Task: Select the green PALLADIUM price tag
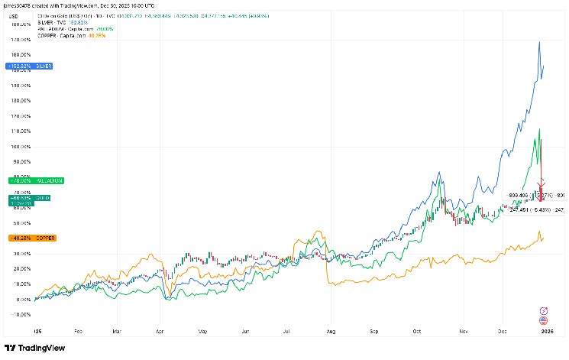point(36,180)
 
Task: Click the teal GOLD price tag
point(20,199)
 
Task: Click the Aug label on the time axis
point(330,332)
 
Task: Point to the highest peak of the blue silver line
point(539,41)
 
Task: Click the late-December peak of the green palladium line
point(539,129)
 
